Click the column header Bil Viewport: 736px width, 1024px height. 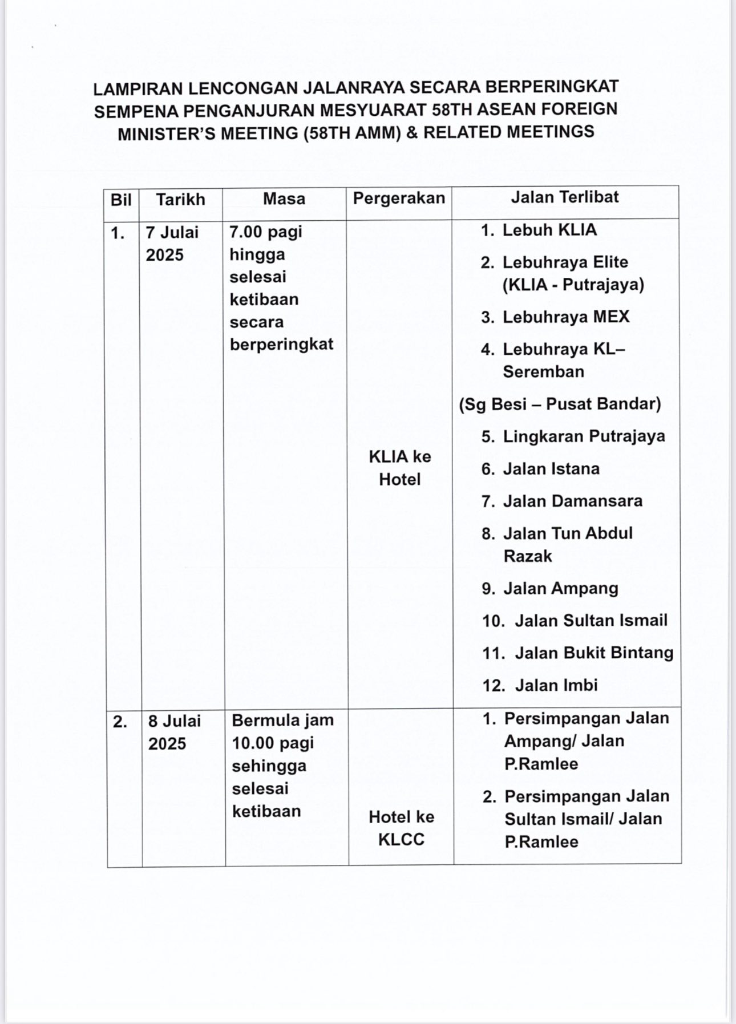pos(121,200)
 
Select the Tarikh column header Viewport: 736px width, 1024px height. pos(180,200)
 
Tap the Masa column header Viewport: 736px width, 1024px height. pos(284,199)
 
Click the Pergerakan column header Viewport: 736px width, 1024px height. pos(399,198)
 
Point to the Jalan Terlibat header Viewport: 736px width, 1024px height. pos(565,197)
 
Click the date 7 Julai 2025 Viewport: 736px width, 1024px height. pos(172,244)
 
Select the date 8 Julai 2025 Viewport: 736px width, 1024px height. pos(175,732)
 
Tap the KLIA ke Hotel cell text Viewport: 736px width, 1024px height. pos(400,468)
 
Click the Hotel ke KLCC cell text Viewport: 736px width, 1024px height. pos(401,828)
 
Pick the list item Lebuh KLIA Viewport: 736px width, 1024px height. pos(549,230)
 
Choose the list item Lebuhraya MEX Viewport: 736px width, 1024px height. pos(565,317)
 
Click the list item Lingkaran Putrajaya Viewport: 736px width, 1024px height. pos(584,436)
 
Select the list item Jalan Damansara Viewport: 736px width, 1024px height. pos(572,501)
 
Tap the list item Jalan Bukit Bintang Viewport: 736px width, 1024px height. pos(594,653)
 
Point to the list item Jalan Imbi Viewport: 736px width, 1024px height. pos(556,685)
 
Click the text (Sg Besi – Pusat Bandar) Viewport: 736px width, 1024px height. pos(560,404)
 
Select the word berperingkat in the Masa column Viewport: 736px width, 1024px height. pos(281,345)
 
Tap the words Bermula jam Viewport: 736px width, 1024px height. pos(282,720)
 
